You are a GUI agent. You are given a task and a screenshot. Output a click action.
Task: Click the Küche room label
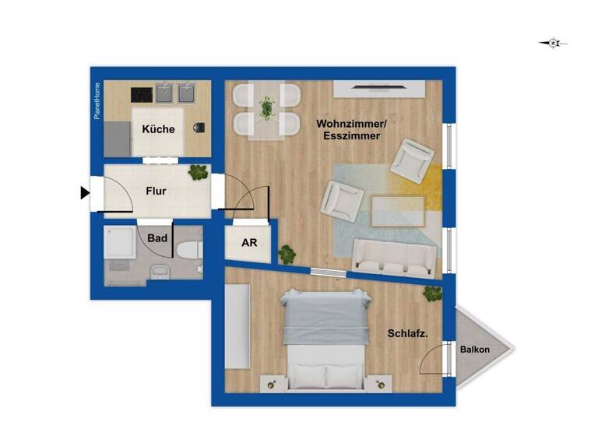coord(158,130)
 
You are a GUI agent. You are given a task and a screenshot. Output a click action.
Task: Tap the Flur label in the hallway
coord(156,190)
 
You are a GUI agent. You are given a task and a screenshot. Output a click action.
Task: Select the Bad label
coord(157,238)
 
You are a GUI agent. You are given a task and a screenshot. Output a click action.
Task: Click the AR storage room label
coord(249,243)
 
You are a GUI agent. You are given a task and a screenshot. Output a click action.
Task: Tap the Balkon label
coord(474,350)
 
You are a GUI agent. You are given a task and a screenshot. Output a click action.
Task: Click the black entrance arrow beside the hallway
coord(85,192)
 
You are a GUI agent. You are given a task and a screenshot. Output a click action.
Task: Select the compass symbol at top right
coord(553,44)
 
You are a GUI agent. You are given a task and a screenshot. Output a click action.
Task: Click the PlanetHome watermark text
coord(97,100)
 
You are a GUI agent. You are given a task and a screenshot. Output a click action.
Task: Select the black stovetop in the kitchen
coord(142,94)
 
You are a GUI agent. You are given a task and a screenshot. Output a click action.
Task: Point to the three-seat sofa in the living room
coord(394,258)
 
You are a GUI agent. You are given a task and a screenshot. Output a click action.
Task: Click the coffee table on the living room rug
coord(398,209)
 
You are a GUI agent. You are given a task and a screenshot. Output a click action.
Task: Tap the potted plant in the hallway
coord(199,173)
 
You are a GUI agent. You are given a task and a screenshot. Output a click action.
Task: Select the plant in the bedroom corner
coord(433,293)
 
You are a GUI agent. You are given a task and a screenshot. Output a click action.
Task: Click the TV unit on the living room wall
coord(379,90)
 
